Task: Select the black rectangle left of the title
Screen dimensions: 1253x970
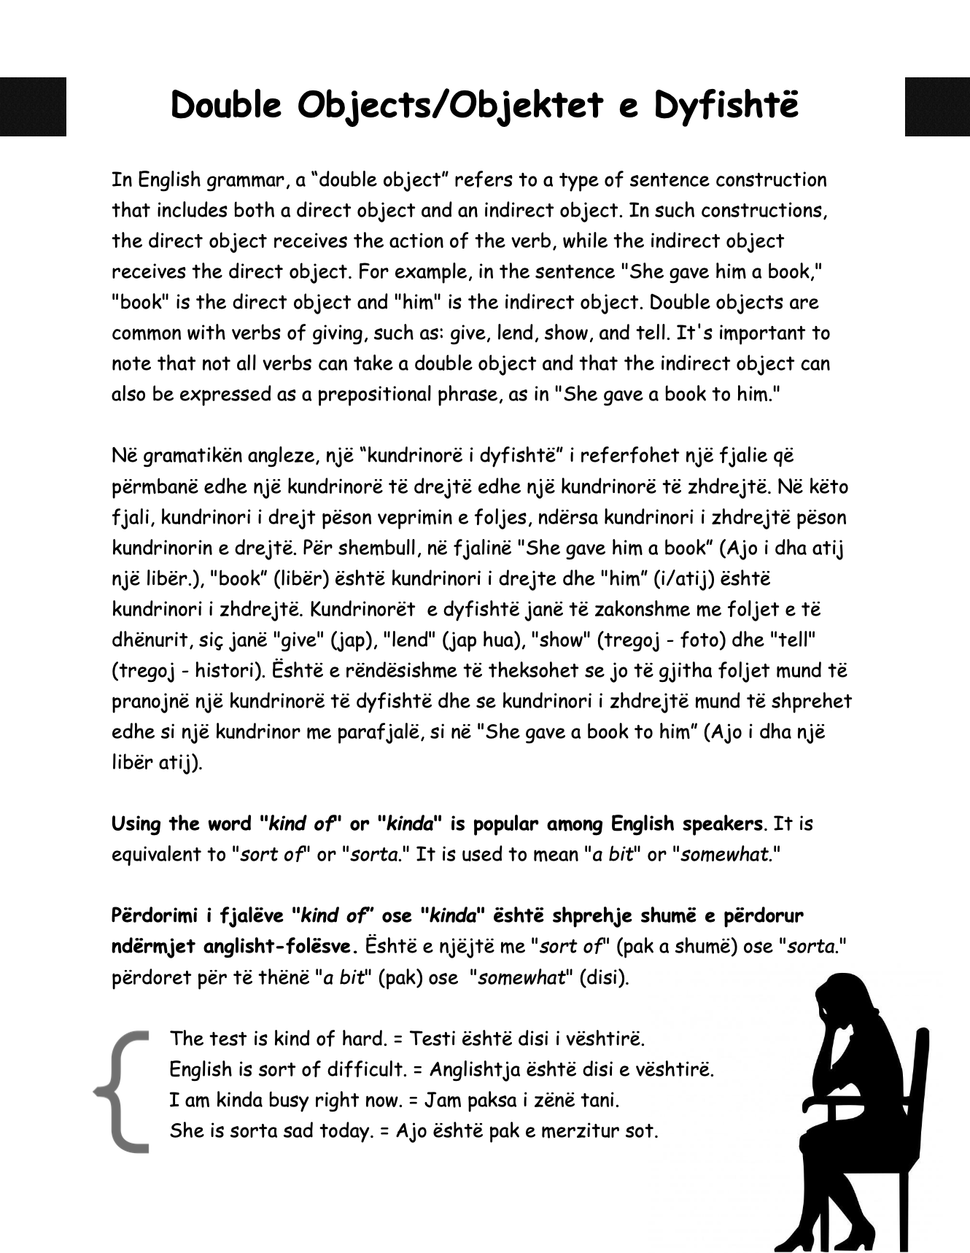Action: point(33,106)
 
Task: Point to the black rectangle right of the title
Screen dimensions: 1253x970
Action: point(937,106)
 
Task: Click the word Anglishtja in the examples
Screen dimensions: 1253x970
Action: point(474,1070)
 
